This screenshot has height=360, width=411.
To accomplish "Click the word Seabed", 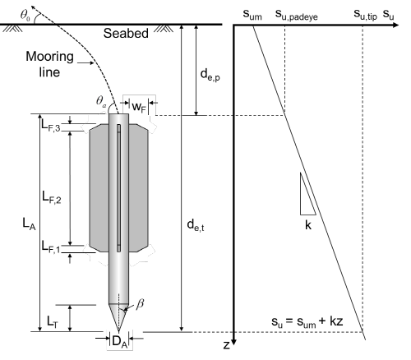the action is pos(126,34).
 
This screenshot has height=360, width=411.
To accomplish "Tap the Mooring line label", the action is pos(49,64).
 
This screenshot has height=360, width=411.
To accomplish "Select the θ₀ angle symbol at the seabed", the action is pos(25,15).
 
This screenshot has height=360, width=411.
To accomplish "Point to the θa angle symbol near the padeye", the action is pos(101,101).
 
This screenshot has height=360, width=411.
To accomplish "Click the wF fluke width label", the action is pos(139,107).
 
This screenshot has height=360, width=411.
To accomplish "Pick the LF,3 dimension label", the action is pos(51,125).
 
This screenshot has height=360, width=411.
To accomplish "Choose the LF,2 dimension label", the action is pos(52,197).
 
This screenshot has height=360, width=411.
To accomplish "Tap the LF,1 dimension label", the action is pos(51,247).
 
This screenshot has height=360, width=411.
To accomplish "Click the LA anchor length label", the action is pos(29,224).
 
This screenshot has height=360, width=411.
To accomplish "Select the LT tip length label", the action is pos(53,321).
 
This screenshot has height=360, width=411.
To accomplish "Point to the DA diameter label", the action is pos(120,342).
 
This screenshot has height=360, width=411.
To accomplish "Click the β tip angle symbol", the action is pos(140,304).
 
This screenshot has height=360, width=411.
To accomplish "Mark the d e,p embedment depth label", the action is pos(210,75).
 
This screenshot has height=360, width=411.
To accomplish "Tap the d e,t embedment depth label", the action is pos(196,225).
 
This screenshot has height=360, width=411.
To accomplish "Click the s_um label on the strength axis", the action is pos(252,15).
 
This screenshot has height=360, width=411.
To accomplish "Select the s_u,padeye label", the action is pos(297,15).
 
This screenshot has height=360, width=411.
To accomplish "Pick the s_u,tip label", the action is pos(365,15).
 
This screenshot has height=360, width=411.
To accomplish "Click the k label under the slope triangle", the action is pos(308,225).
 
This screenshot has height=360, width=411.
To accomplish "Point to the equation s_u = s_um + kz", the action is pos(307,321).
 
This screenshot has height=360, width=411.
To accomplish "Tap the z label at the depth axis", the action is pos(226,345).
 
